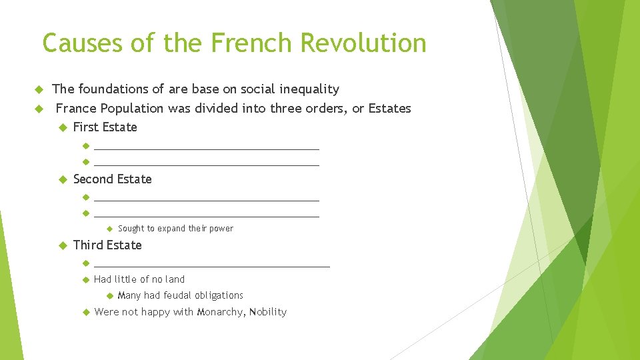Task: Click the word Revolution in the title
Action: (363, 43)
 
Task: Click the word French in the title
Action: (251, 43)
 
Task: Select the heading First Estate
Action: (105, 127)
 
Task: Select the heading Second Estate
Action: (112, 179)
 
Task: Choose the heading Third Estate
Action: (107, 245)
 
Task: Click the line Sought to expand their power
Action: (175, 229)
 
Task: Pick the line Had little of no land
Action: (139, 279)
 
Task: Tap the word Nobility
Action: (267, 312)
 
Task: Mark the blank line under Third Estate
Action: (212, 265)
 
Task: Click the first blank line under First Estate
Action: (207, 147)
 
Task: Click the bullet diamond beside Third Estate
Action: (63, 245)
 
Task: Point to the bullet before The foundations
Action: (38, 89)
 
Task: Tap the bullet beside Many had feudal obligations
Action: (109, 295)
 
